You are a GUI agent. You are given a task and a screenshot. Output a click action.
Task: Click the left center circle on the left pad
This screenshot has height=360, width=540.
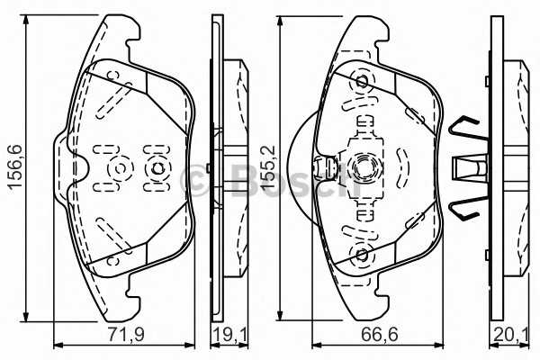tap(119, 167)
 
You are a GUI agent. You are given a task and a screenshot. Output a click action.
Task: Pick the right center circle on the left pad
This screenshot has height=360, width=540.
tap(157, 167)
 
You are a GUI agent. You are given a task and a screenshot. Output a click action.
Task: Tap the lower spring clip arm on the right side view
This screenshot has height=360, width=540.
tap(466, 207)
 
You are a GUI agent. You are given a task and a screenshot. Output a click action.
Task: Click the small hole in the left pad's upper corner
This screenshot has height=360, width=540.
tap(112, 75)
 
